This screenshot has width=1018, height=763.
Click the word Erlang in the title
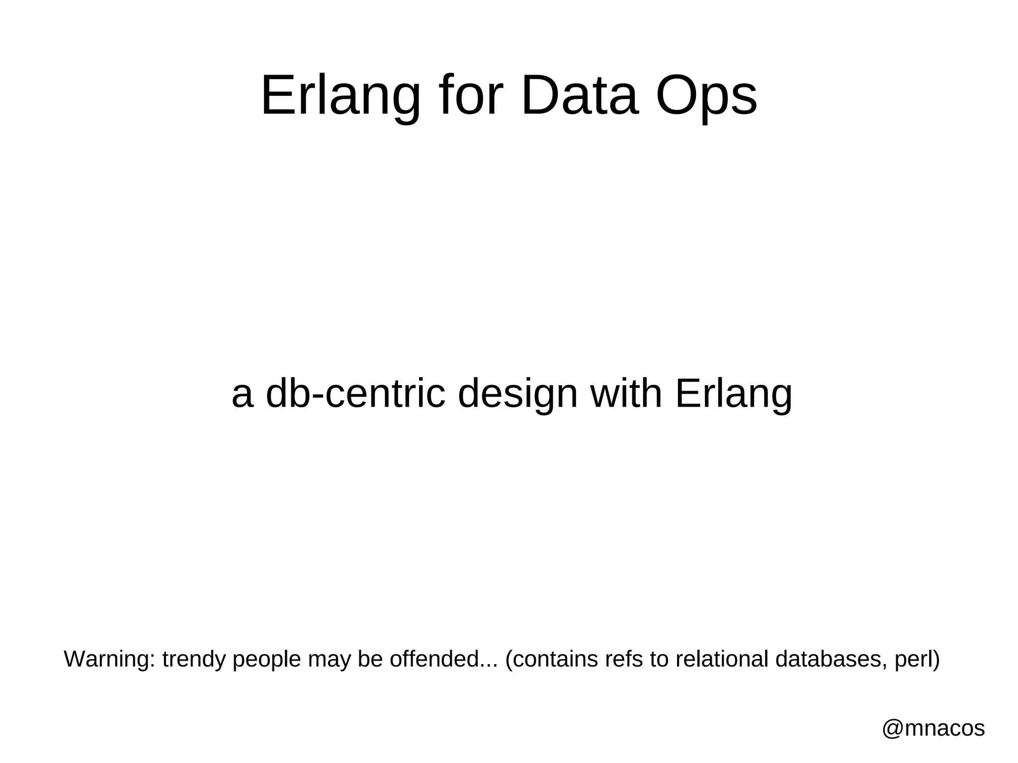[x=340, y=95]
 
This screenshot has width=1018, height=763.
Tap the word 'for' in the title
[x=470, y=95]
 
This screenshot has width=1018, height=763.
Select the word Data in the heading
[x=579, y=95]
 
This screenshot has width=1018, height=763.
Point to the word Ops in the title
[x=706, y=95]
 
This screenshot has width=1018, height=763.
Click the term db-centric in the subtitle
[x=355, y=394]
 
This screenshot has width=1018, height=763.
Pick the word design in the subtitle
[x=517, y=394]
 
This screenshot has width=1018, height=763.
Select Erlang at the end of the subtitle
[x=734, y=394]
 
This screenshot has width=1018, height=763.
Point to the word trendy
[x=194, y=660]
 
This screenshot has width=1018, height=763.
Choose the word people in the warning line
[x=267, y=660]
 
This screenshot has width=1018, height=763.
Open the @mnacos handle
[x=933, y=729]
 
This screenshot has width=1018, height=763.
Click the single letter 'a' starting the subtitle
[x=243, y=394]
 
